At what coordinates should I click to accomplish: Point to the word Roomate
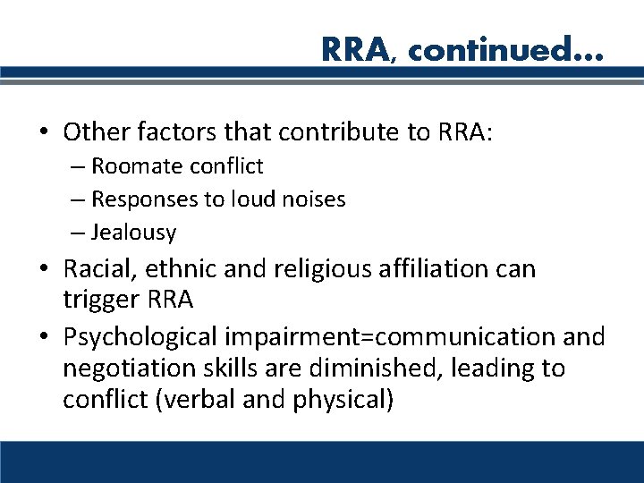click(135, 166)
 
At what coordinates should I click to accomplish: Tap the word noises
click(313, 199)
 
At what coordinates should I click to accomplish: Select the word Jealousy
click(133, 233)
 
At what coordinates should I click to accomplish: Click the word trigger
click(97, 299)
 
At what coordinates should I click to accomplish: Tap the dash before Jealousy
click(79, 233)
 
